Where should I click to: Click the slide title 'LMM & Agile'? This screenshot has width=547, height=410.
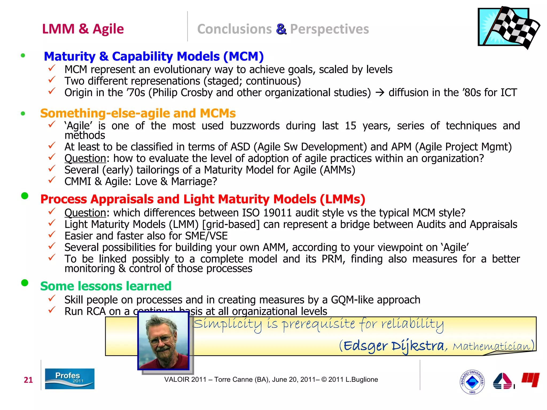point(83,29)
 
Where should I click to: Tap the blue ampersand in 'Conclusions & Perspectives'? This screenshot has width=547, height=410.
point(281,29)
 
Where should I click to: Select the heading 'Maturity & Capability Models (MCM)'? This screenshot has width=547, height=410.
point(154,56)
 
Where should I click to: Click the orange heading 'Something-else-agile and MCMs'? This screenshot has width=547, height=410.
point(138,113)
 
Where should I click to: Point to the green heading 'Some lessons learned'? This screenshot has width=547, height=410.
point(106,286)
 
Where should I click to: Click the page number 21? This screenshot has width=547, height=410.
point(28,380)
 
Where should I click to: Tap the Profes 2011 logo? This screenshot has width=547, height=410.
point(70,379)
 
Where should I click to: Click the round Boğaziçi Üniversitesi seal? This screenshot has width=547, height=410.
point(472,382)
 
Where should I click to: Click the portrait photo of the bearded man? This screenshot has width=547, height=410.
point(163,341)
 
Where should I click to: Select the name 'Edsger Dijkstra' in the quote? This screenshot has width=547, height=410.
point(394,346)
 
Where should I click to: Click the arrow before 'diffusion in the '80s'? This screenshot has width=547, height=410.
point(380,93)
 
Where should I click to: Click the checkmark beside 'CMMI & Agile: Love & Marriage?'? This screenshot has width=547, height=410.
point(52,180)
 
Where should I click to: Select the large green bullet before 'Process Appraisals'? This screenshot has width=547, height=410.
point(25,196)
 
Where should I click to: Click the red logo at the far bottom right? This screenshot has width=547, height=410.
point(530,379)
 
